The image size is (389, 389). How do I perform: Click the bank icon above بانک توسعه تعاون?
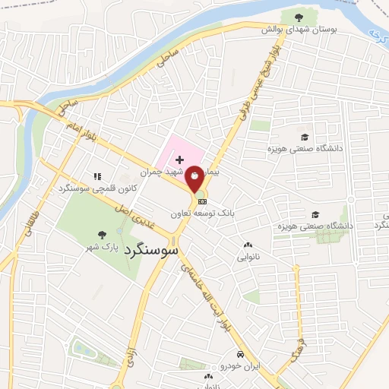point(202,202)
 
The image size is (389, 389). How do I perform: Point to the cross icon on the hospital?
point(179,160)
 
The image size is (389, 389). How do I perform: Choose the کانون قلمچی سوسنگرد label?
point(86,188)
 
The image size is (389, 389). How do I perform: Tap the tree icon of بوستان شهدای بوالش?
point(296,16)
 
